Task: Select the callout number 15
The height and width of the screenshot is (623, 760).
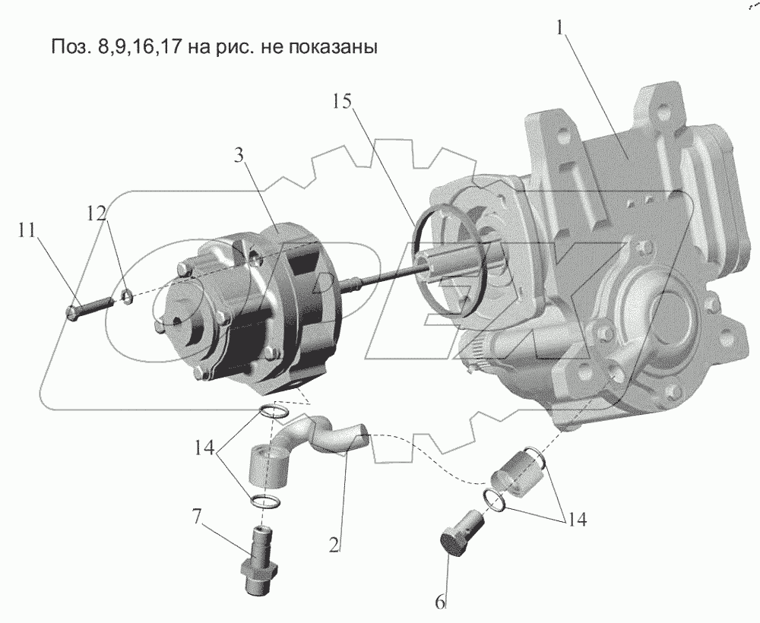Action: [x=343, y=102]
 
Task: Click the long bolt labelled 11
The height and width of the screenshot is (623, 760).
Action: [x=89, y=308]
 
